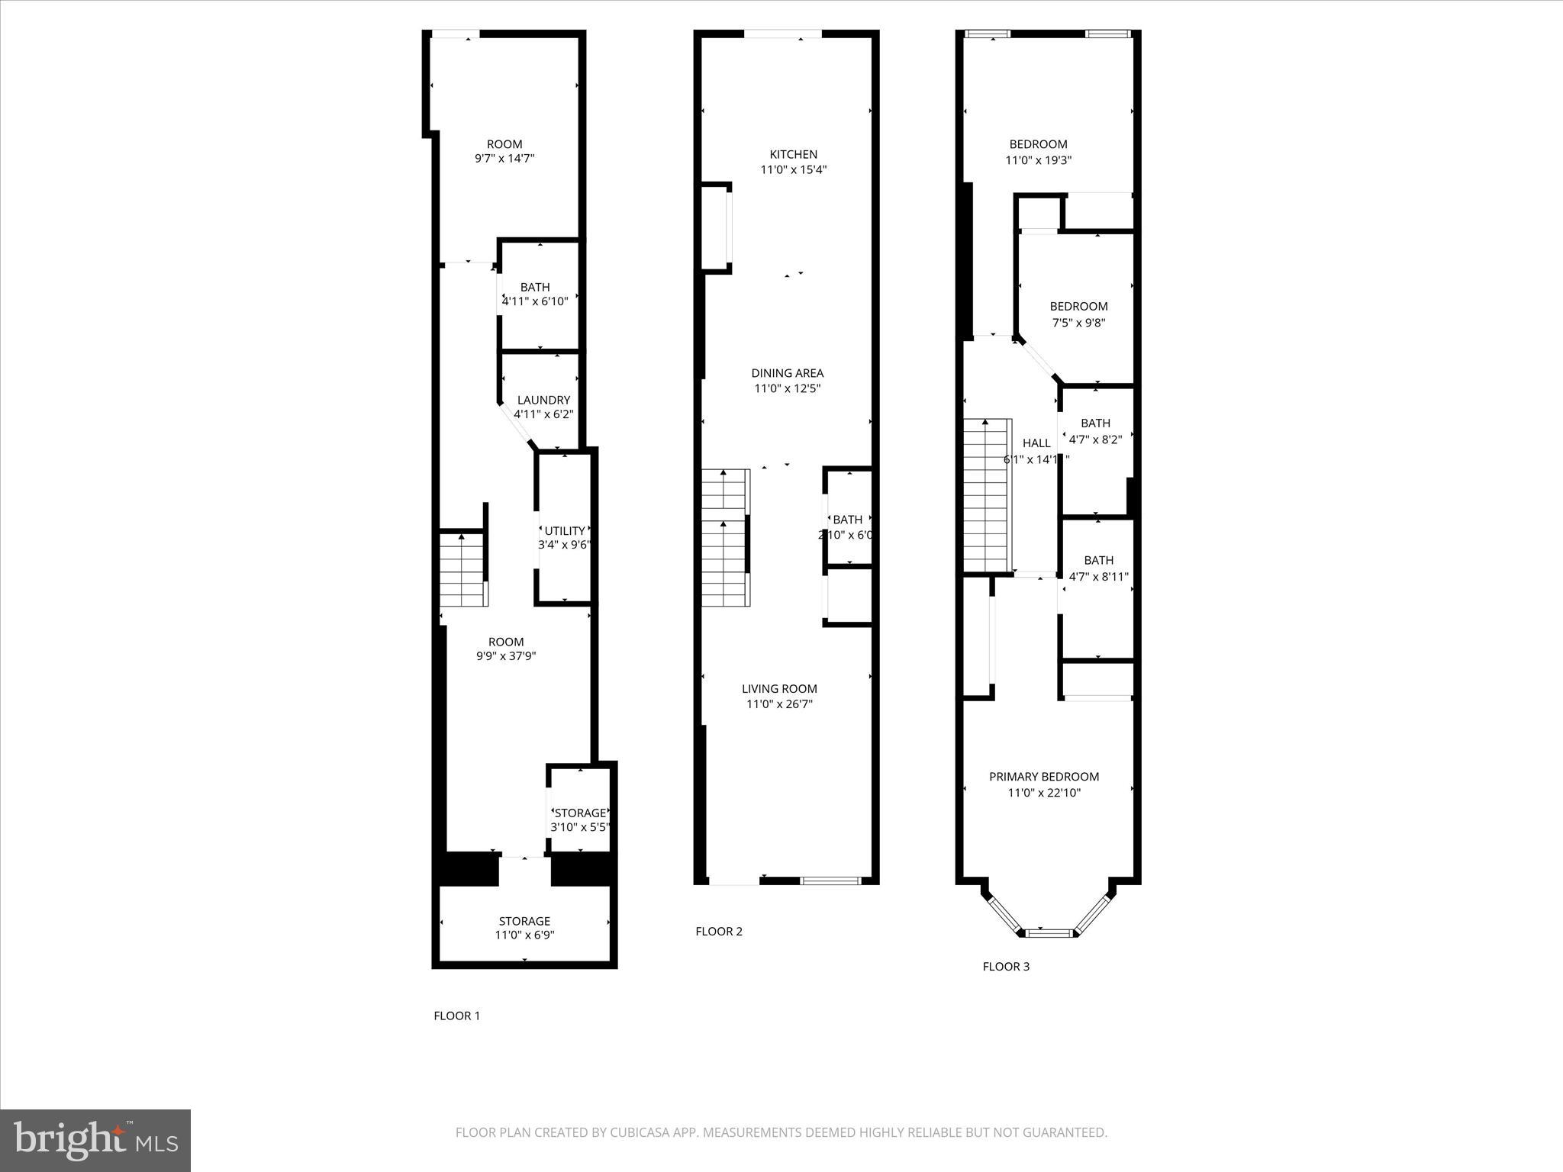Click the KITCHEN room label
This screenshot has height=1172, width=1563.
coord(793,155)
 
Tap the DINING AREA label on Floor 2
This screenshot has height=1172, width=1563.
coord(787,373)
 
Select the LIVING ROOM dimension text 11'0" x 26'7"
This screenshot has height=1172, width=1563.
coord(779,704)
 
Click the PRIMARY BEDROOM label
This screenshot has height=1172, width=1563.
coord(1043,777)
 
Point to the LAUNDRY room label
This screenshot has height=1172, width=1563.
coord(543,400)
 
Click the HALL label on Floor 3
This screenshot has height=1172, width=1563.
coord(1036,443)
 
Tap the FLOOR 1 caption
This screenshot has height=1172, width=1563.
coord(456,1016)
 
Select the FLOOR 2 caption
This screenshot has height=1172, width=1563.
coord(718,931)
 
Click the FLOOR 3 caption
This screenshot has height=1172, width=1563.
coord(1005,967)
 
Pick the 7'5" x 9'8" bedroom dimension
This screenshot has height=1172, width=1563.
coord(1078,323)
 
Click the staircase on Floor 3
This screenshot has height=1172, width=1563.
coord(987,496)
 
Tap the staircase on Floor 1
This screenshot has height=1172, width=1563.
coord(462,568)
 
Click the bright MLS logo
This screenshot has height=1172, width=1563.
coord(95,1140)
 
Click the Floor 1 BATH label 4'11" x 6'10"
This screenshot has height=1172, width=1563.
coord(535,295)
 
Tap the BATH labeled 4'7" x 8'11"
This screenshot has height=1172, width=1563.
coord(1098,568)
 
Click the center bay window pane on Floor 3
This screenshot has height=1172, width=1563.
coord(1049,932)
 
